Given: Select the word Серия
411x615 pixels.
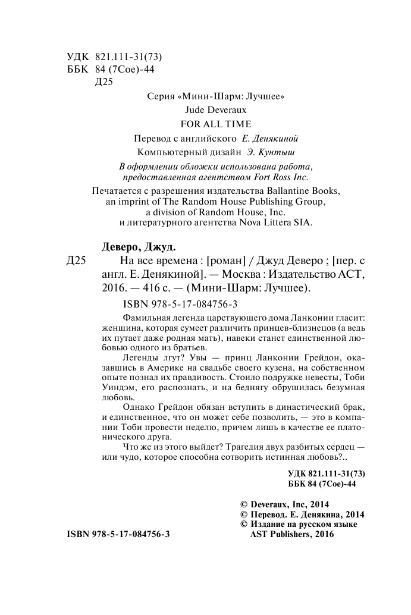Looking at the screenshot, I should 161,96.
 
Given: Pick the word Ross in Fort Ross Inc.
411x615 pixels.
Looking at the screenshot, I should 278,177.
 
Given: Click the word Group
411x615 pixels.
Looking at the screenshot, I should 311,202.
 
